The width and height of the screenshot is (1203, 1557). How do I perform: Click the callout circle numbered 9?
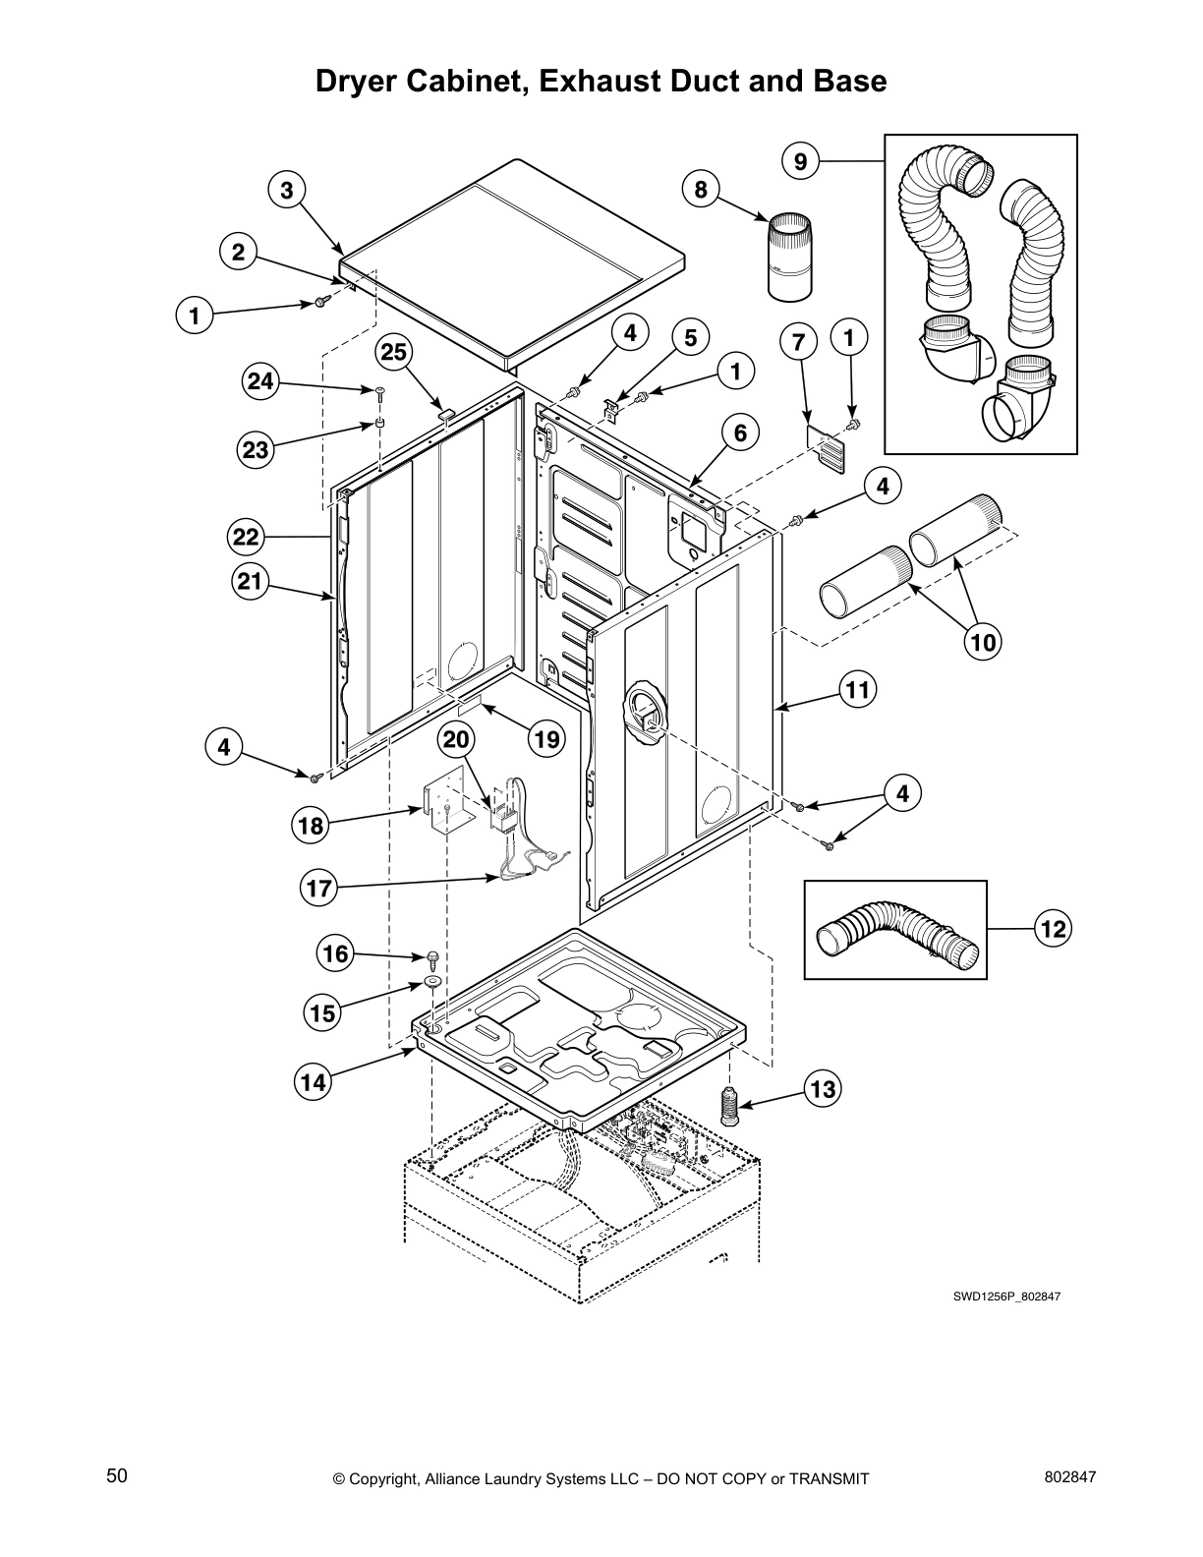(801, 160)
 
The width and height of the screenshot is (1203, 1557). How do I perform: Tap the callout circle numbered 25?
(394, 352)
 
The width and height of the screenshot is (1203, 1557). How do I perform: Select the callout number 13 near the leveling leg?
(824, 1088)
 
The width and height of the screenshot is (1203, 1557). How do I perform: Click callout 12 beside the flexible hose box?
(1053, 928)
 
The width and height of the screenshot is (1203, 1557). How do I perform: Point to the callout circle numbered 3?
(286, 190)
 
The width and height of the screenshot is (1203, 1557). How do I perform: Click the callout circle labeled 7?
(798, 342)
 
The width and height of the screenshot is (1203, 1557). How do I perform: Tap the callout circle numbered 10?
(983, 642)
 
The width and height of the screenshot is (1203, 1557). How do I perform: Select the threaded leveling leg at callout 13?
(728, 1108)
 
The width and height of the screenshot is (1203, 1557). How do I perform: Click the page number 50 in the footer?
(117, 1475)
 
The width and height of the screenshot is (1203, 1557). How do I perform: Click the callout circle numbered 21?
(250, 581)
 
